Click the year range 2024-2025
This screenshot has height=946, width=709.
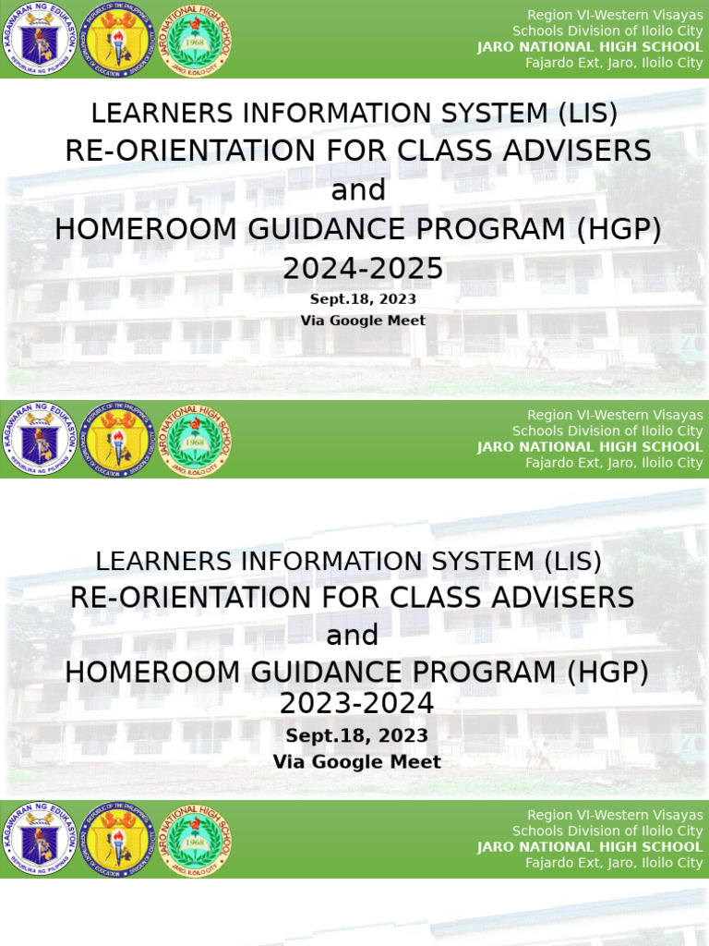click(x=363, y=269)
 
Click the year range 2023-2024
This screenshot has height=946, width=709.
click(x=356, y=704)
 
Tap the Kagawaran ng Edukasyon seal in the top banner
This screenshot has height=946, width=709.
click(x=39, y=40)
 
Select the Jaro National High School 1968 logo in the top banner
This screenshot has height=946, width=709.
click(x=196, y=40)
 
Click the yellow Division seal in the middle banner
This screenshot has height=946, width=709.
click(x=117, y=440)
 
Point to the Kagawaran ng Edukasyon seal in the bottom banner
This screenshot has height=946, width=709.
click(x=39, y=840)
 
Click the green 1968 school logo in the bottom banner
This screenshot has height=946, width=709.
click(x=196, y=840)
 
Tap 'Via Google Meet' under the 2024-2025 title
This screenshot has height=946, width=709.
click(x=363, y=321)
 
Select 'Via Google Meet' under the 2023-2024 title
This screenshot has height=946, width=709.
click(x=356, y=762)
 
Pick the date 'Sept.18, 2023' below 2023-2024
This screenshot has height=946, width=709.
click(x=356, y=735)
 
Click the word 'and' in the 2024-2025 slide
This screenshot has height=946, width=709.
click(x=357, y=189)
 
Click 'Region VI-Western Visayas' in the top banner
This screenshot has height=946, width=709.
click(x=614, y=15)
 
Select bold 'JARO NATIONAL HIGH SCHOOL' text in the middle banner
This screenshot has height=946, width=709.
click(x=590, y=447)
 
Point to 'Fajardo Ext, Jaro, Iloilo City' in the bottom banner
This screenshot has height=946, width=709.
click(x=614, y=863)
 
